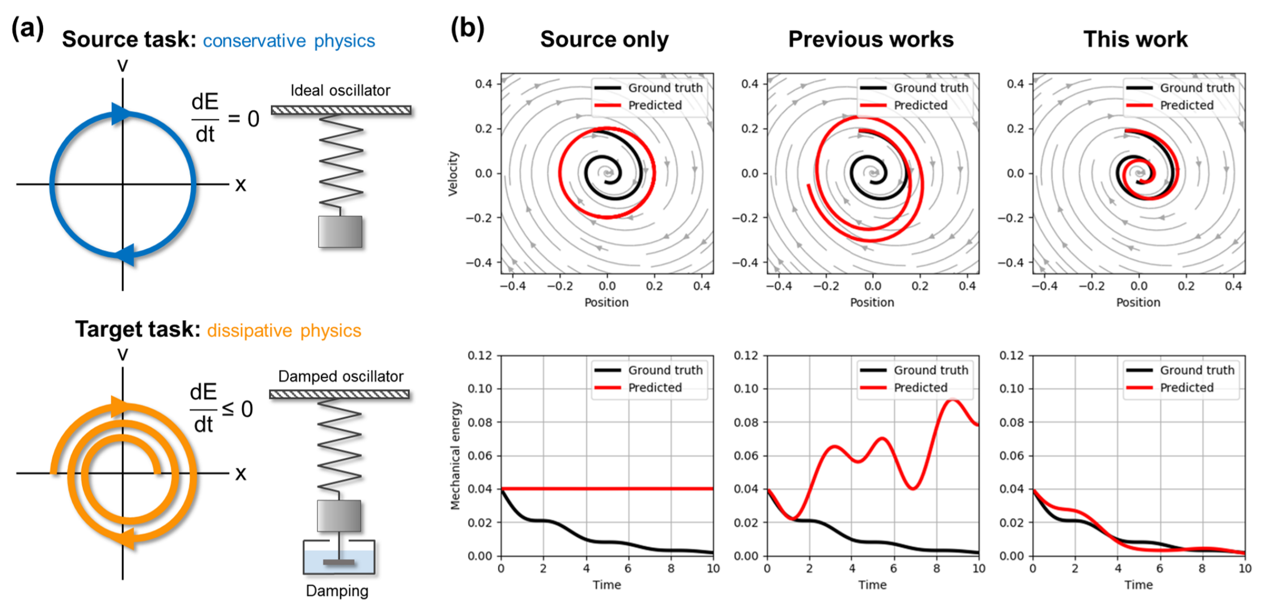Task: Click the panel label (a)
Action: click(x=27, y=28)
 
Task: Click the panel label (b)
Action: click(x=467, y=28)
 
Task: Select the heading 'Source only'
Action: click(x=604, y=39)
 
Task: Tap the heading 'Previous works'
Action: click(x=871, y=39)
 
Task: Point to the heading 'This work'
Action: click(x=1135, y=39)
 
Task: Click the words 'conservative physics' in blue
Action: click(x=288, y=41)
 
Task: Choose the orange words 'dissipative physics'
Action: click(x=284, y=330)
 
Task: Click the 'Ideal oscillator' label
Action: click(x=340, y=90)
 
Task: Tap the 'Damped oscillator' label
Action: click(x=341, y=376)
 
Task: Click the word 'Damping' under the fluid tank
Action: click(x=337, y=591)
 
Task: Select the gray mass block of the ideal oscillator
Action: click(x=340, y=232)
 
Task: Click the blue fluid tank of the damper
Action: click(x=339, y=561)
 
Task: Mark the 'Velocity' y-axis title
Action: click(x=453, y=174)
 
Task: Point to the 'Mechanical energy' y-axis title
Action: click(x=455, y=456)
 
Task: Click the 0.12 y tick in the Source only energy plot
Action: click(x=480, y=355)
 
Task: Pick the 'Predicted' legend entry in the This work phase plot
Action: click(x=1186, y=105)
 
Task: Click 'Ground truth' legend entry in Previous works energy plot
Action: click(x=931, y=370)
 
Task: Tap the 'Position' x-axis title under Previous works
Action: click(x=872, y=303)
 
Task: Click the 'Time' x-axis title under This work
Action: click(x=1138, y=585)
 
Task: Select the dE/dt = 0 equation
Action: click(x=225, y=119)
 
